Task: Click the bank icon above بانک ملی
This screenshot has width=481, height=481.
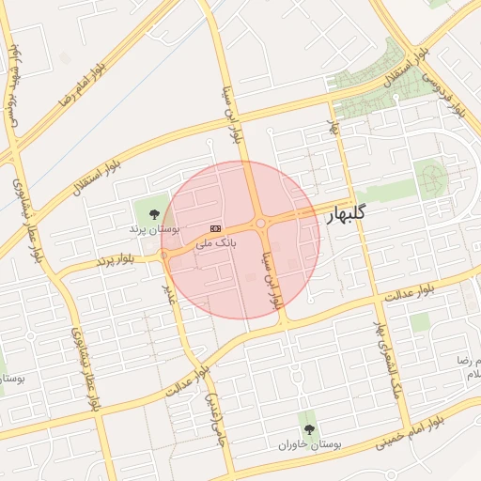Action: tap(216, 228)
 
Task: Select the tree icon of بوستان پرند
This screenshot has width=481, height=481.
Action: tap(154, 215)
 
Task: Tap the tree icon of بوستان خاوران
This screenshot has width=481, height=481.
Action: tap(309, 428)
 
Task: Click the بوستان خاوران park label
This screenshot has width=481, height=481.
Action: tap(309, 442)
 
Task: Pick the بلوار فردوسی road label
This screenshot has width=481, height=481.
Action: tap(449, 92)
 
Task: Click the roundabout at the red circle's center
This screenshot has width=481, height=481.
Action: tap(259, 225)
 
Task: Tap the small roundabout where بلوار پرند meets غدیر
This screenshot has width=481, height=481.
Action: tap(165, 254)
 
